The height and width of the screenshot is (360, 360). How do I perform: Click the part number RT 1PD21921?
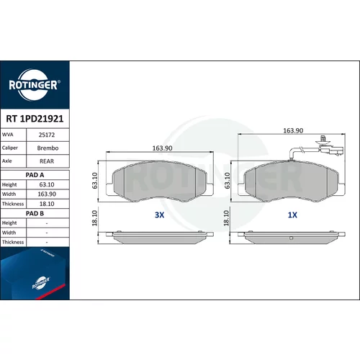click(x=35, y=119)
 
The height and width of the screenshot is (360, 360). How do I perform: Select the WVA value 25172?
click(x=47, y=135)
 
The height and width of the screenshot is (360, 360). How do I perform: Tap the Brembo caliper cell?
click(x=48, y=148)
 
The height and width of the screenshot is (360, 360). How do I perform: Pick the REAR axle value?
click(x=47, y=161)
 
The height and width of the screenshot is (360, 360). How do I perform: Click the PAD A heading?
click(x=35, y=175)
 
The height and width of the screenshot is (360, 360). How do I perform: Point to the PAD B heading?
click(x=35, y=213)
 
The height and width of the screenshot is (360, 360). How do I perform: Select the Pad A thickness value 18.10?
click(x=47, y=204)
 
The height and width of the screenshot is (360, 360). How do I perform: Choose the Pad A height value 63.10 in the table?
click(x=47, y=184)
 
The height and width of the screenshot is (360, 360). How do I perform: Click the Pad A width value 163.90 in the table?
click(x=47, y=194)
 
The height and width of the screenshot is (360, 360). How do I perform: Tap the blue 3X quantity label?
click(x=159, y=215)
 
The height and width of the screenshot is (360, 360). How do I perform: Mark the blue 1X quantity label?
click(x=292, y=215)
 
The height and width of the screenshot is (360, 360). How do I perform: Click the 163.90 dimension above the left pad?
click(x=163, y=148)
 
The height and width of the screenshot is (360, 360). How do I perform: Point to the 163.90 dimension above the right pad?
click(x=293, y=130)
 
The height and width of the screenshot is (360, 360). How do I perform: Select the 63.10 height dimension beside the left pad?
click(x=95, y=181)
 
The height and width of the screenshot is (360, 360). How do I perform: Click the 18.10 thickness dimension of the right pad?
click(x=226, y=218)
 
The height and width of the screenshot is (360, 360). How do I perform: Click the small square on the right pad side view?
click(x=291, y=238)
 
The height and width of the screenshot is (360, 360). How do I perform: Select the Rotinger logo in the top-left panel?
click(x=35, y=85)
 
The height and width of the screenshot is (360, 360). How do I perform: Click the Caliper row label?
click(x=10, y=148)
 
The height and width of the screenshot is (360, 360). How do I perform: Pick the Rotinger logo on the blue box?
click(x=41, y=283)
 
